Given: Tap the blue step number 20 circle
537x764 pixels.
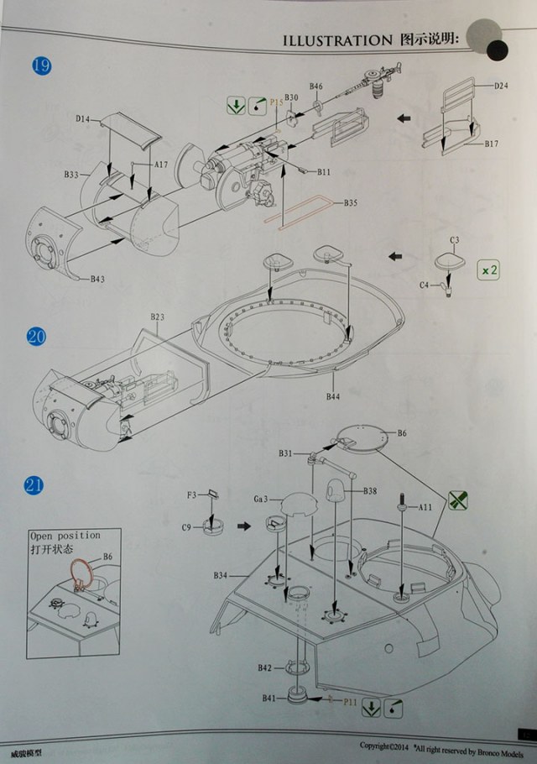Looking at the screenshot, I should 36,337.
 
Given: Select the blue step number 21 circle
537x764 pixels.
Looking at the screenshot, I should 34,484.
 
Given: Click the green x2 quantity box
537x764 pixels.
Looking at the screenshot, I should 488,270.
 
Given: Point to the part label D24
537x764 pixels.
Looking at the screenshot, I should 501,86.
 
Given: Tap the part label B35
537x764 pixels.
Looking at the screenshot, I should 350,203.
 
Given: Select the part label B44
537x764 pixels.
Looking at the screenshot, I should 333,395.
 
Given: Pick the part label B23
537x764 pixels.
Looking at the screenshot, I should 158,317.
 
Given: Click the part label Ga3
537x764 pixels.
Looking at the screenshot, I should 261,499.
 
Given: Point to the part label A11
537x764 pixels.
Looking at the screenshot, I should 425,507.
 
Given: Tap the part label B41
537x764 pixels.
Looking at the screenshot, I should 268,699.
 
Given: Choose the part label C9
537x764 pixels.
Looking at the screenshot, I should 188,527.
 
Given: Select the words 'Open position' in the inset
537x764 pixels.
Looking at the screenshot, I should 65,535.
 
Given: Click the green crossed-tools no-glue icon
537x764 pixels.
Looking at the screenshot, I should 457,501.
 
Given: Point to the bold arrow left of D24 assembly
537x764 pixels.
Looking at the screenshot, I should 404,118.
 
